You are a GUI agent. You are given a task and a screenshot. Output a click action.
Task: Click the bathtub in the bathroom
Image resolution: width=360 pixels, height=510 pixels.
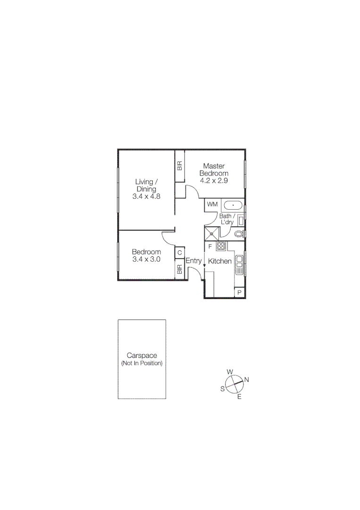click(233, 206)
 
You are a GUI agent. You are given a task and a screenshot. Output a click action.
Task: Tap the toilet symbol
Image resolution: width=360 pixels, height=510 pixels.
click(239, 234)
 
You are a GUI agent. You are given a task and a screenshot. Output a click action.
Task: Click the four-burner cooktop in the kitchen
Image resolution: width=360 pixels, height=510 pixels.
click(221, 246)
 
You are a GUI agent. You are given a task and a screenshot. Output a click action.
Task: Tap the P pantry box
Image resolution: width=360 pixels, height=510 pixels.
click(240, 293)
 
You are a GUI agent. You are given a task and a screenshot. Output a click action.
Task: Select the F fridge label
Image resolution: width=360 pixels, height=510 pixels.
click(209, 246)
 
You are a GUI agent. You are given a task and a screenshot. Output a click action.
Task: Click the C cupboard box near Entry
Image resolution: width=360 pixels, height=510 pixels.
click(179, 253)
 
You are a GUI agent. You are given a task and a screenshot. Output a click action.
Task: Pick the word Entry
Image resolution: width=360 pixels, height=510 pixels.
click(193, 261)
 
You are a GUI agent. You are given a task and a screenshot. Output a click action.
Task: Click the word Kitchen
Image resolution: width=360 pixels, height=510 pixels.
click(220, 261)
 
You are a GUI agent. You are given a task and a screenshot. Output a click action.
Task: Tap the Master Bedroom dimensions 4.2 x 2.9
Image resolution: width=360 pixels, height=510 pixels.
click(214, 180)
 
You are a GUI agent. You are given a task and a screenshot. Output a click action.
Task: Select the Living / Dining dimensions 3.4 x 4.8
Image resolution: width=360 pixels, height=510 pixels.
click(146, 196)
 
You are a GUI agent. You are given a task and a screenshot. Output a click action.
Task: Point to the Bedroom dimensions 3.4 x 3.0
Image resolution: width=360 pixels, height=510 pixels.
click(146, 259)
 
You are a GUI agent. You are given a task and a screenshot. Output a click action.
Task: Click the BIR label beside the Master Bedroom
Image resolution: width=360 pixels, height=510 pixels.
click(179, 166)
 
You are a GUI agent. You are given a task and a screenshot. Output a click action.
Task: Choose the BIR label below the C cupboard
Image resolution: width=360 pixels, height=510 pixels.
click(179, 270)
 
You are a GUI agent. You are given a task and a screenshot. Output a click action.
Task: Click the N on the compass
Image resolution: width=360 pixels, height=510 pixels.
click(246, 380)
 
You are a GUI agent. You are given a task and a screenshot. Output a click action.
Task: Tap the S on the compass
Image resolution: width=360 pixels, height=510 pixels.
click(222, 389)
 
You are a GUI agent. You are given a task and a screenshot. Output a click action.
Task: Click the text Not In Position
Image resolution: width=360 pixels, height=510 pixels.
click(142, 364)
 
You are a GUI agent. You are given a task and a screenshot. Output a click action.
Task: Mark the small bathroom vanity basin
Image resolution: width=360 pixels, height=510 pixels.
click(241, 220)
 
